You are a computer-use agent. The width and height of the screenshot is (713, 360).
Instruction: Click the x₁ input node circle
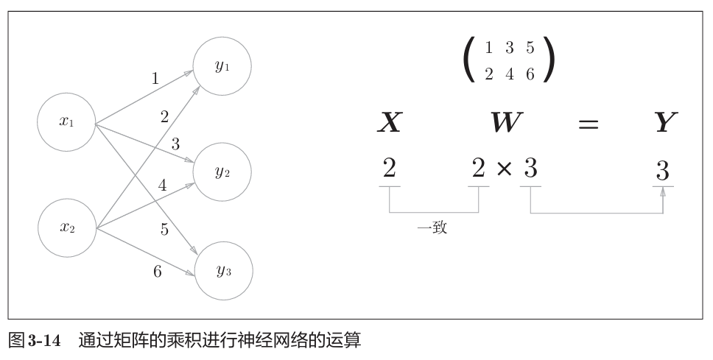[67, 122]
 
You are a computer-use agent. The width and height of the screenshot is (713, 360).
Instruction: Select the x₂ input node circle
[67, 227]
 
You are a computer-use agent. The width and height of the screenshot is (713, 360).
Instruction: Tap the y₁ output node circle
[222, 66]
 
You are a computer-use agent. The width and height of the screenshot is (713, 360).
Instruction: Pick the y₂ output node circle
[222, 172]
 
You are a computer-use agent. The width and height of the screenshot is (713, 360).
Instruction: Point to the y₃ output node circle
[222, 270]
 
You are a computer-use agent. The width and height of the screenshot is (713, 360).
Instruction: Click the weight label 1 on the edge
[155, 78]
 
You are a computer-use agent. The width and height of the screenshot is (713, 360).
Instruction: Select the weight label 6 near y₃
[158, 271]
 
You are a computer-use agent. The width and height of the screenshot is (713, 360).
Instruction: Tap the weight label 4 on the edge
[163, 186]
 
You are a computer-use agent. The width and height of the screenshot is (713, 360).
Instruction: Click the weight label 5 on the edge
[164, 230]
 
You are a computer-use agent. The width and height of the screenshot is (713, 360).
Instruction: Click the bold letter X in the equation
[389, 123]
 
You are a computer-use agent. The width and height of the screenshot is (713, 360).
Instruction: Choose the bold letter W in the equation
[505, 123]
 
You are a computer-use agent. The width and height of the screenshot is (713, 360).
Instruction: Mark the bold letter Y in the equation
[665, 123]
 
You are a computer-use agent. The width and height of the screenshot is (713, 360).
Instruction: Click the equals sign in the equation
[587, 124]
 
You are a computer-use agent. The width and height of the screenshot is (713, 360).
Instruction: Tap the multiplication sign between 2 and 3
[504, 169]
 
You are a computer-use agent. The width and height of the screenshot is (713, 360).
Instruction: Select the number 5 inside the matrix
[530, 49]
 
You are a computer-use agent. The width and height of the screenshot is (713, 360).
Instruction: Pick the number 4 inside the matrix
[509, 74]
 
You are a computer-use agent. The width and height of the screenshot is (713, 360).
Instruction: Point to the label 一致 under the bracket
[432, 228]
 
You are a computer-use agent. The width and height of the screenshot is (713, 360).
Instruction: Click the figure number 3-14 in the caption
[44, 342]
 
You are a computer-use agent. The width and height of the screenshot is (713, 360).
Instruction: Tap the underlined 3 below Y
[662, 172]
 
